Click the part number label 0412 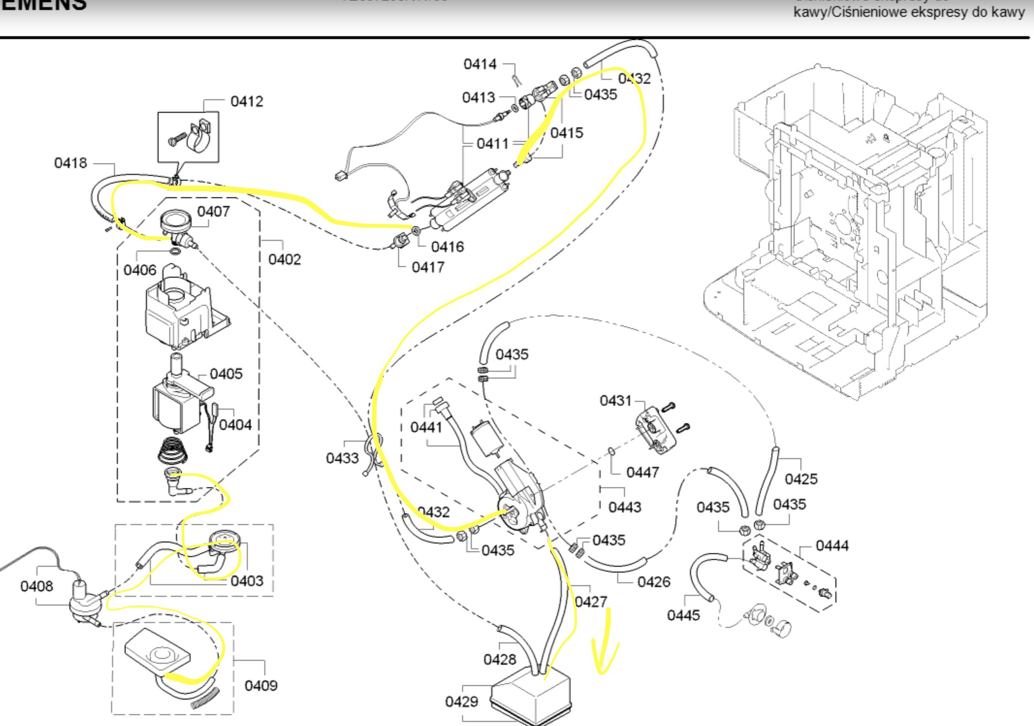[247, 101]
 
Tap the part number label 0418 [70, 163]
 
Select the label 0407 [213, 211]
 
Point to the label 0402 [285, 259]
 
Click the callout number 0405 [226, 374]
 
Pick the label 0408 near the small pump [36, 586]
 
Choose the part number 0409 [261, 686]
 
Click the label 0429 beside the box [461, 702]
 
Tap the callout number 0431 [615, 401]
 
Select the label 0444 [832, 546]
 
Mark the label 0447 [642, 472]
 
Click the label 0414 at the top [480, 64]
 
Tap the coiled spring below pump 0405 [172, 450]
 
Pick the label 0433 [342, 458]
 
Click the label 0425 [801, 479]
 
